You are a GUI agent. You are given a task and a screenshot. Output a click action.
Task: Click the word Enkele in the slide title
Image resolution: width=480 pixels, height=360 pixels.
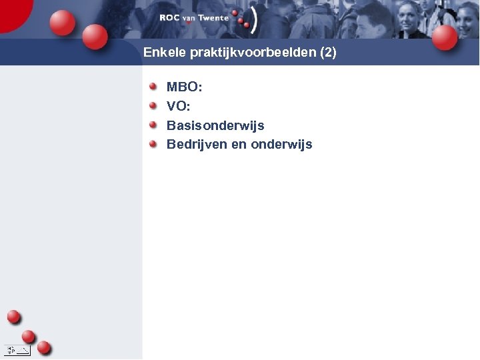[x=161, y=52]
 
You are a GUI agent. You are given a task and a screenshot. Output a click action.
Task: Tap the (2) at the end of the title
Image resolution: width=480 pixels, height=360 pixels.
[x=328, y=53]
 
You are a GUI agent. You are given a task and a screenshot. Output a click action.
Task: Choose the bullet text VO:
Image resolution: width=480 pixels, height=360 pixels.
[x=178, y=106]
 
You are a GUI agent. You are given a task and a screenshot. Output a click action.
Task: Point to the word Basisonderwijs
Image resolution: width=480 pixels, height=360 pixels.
[x=215, y=125]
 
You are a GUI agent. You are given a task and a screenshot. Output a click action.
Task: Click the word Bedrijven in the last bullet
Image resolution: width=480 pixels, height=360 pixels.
[x=196, y=145]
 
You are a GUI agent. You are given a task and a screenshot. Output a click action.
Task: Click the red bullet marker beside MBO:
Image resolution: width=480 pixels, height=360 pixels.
[x=153, y=86]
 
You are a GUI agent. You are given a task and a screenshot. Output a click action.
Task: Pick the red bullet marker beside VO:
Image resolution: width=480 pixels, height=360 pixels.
[x=153, y=105]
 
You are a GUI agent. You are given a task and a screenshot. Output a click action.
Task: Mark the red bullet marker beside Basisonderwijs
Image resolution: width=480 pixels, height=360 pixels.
[x=153, y=125]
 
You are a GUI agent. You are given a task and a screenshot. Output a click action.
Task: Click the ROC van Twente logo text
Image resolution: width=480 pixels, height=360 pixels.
[x=193, y=18]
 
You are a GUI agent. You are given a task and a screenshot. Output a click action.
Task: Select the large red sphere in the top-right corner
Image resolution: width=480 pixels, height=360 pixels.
[x=445, y=37]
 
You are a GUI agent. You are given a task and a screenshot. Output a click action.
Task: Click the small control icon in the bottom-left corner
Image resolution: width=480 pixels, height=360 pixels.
[x=17, y=349]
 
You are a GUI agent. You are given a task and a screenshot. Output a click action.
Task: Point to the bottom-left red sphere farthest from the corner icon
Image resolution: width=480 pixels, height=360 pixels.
[x=13, y=317]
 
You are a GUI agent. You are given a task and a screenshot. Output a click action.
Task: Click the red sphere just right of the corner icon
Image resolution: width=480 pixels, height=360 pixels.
[x=44, y=347]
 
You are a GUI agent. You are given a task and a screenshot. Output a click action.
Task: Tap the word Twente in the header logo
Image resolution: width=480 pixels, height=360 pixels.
[x=213, y=18]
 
